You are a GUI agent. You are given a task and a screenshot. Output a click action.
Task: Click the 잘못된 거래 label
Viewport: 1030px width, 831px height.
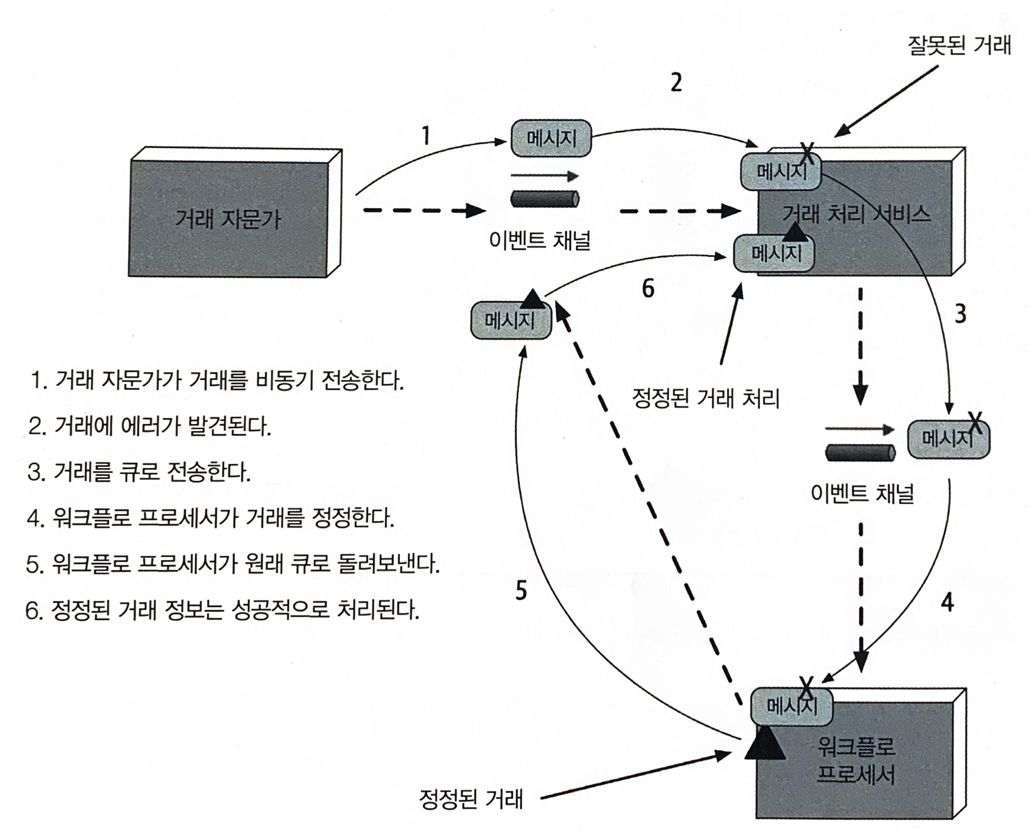point(959,46)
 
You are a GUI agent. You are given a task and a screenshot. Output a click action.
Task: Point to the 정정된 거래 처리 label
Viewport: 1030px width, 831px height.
point(706,399)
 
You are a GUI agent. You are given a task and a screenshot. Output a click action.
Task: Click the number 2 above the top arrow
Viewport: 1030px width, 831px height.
point(676,82)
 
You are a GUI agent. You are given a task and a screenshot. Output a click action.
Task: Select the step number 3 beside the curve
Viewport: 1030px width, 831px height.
point(960,314)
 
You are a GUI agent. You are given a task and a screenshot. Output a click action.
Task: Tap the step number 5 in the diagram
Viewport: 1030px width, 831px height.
point(521,590)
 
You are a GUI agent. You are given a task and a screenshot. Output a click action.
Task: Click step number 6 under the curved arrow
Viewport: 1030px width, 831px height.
point(648,289)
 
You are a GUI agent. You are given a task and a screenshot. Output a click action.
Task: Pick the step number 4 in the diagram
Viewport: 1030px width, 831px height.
point(947,602)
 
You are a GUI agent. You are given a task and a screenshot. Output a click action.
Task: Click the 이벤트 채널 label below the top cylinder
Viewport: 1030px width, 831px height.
point(540,240)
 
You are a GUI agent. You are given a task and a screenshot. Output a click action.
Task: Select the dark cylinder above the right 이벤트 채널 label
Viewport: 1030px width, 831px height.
point(860,453)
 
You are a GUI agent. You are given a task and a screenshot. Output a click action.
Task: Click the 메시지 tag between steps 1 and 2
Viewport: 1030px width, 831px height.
point(551,139)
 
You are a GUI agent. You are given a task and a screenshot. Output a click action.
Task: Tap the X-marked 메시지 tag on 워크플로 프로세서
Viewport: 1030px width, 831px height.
point(792,706)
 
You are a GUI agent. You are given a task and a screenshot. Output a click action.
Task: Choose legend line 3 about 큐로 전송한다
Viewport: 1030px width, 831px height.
point(139,472)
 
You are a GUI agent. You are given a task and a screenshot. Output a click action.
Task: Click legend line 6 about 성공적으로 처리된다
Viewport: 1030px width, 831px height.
point(222,609)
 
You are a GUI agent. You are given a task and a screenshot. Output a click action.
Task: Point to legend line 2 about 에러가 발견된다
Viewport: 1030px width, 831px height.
point(150,427)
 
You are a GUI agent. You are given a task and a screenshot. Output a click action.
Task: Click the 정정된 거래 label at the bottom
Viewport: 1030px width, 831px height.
point(471,799)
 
